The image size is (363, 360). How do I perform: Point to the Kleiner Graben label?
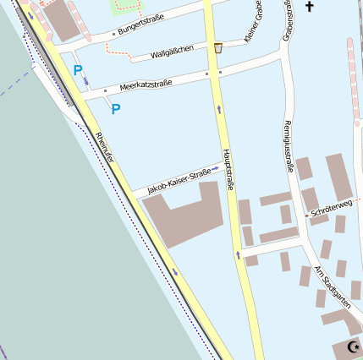click(x=252, y=23)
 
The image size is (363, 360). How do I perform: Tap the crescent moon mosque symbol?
click(x=355, y=346)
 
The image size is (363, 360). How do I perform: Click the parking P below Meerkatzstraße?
click(x=116, y=109)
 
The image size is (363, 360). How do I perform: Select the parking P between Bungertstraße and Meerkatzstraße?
click(x=79, y=71)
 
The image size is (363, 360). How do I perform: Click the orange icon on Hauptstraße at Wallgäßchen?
click(x=218, y=48)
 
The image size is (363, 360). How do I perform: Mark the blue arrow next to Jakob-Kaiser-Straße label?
click(x=215, y=168)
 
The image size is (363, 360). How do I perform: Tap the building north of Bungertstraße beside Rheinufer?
click(x=63, y=20)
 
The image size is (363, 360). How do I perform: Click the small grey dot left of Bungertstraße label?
click(x=113, y=34)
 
